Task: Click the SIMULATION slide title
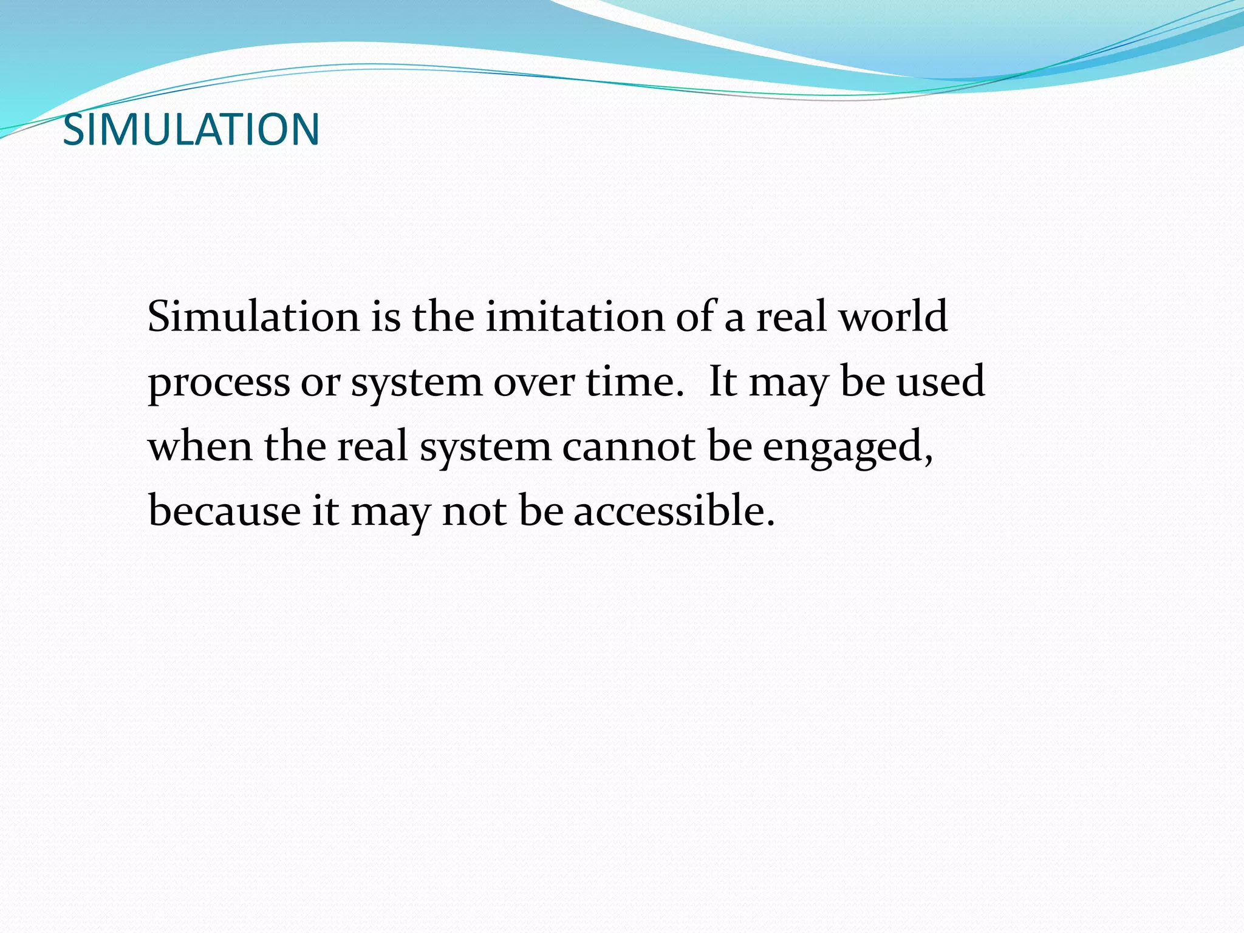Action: click(x=191, y=129)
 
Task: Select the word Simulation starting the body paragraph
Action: click(x=253, y=316)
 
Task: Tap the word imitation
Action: click(x=575, y=316)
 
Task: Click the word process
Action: click(x=219, y=383)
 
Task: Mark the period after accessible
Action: click(x=771, y=522)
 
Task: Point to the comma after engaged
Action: click(x=928, y=460)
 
